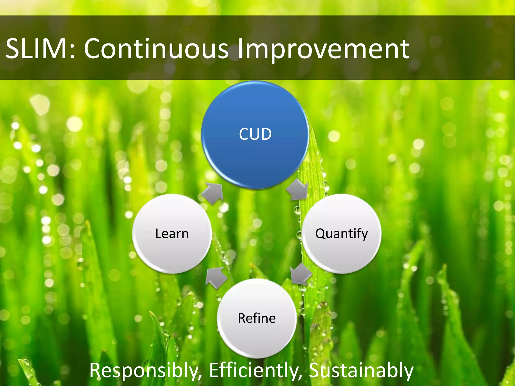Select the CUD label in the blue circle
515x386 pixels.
(x=255, y=134)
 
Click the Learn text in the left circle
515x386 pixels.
(x=172, y=233)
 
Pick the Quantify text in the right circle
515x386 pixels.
(x=341, y=234)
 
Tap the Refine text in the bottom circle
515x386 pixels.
(x=257, y=318)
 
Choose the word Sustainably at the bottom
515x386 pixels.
(x=361, y=370)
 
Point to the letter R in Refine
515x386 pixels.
(x=242, y=318)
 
